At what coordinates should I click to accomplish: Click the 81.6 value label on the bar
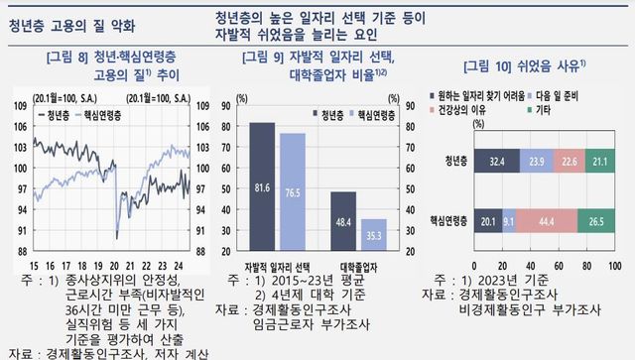pyautogui.click(x=263, y=186)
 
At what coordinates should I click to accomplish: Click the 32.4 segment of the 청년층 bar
pyautogui.click(x=497, y=160)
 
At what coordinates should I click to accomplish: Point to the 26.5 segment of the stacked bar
pyautogui.click(x=594, y=221)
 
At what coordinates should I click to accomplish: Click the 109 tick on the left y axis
pyautogui.click(x=19, y=106)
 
